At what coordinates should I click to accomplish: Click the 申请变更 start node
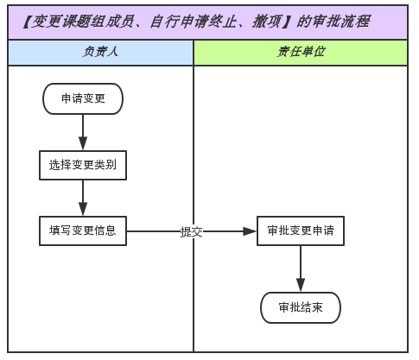(x=83, y=98)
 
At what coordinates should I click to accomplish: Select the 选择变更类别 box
(x=83, y=165)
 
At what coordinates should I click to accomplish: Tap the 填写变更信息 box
(x=83, y=231)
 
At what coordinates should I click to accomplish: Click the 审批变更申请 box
(x=301, y=231)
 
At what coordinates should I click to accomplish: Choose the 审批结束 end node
(x=301, y=307)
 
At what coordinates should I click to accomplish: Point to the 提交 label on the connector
(x=192, y=231)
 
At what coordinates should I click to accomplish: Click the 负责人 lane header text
(x=100, y=52)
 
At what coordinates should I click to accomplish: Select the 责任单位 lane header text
(x=301, y=52)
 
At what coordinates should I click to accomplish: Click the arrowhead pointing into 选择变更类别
(x=83, y=143)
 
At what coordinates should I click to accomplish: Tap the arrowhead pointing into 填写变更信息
(x=83, y=209)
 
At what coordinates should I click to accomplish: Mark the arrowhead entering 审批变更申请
(x=250, y=231)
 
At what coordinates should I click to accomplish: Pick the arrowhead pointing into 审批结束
(x=301, y=285)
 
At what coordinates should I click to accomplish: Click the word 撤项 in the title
(x=267, y=22)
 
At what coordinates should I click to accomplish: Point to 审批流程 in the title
(x=340, y=22)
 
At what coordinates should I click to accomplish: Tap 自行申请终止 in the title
(x=194, y=22)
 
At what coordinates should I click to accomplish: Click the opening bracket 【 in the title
(x=27, y=22)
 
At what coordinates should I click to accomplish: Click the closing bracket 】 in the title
(x=288, y=22)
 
